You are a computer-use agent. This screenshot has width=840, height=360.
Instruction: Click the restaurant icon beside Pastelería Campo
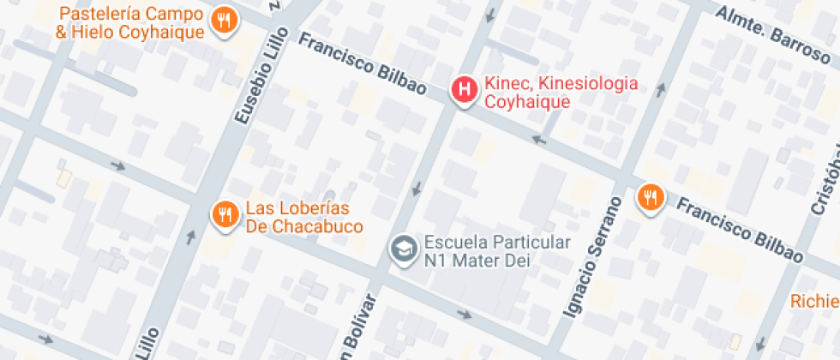coord(225,21)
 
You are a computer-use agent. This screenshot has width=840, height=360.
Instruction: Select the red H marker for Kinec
coord(465,89)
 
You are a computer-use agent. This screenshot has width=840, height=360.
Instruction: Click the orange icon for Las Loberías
coord(225,213)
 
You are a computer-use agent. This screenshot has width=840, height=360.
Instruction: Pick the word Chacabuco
coord(318,226)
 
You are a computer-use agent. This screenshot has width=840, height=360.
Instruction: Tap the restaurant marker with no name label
coord(651,199)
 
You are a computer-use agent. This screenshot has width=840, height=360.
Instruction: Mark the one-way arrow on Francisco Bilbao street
coord(538,138)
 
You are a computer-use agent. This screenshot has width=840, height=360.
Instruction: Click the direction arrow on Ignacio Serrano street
coord(660,88)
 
